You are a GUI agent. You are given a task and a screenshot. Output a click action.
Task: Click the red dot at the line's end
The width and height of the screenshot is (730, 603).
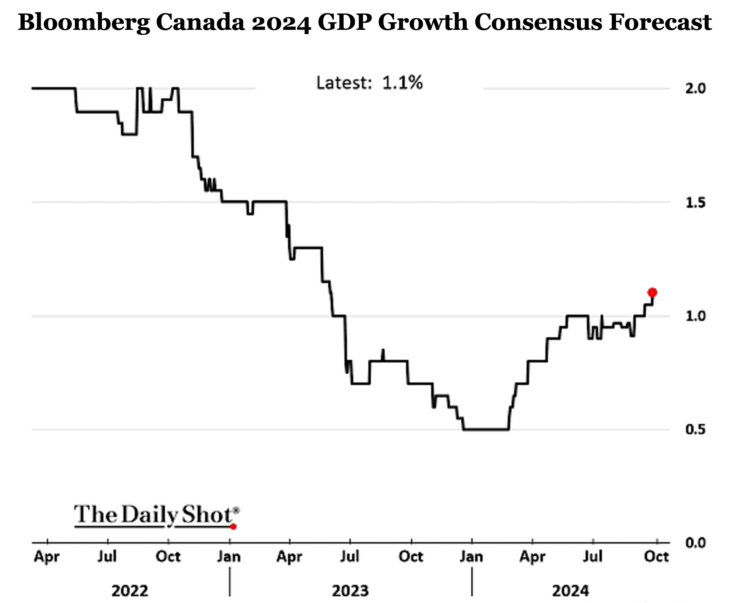[652, 292]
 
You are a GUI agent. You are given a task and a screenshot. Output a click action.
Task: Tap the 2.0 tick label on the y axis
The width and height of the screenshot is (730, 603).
[695, 88]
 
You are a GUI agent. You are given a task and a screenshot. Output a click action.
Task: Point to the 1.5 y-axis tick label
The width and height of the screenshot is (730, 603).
[695, 203]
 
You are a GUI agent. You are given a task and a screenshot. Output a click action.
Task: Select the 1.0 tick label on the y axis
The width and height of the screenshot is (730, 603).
[695, 316]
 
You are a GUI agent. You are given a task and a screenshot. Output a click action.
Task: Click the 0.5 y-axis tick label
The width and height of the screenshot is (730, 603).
[695, 430]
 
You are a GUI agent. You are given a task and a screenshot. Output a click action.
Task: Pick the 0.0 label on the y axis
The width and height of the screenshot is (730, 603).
[695, 543]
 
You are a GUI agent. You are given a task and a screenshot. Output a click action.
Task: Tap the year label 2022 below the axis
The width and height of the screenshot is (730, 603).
[130, 591]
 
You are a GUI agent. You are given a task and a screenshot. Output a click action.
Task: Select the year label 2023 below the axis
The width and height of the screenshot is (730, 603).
[350, 591]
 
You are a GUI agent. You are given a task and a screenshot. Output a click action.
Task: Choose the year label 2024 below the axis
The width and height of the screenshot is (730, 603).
[571, 591]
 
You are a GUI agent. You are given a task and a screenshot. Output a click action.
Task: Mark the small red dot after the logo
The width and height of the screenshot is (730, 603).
[234, 527]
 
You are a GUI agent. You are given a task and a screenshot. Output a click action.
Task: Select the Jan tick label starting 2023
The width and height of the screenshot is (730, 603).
[229, 557]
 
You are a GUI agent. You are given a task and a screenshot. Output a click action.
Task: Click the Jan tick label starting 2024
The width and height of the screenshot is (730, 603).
[471, 557]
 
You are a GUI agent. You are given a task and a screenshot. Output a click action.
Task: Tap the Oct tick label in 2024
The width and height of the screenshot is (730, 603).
[656, 557]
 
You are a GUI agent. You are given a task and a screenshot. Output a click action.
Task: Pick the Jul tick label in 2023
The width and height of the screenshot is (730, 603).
[350, 557]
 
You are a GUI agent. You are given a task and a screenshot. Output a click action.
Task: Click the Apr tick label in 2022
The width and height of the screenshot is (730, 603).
[47, 557]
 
